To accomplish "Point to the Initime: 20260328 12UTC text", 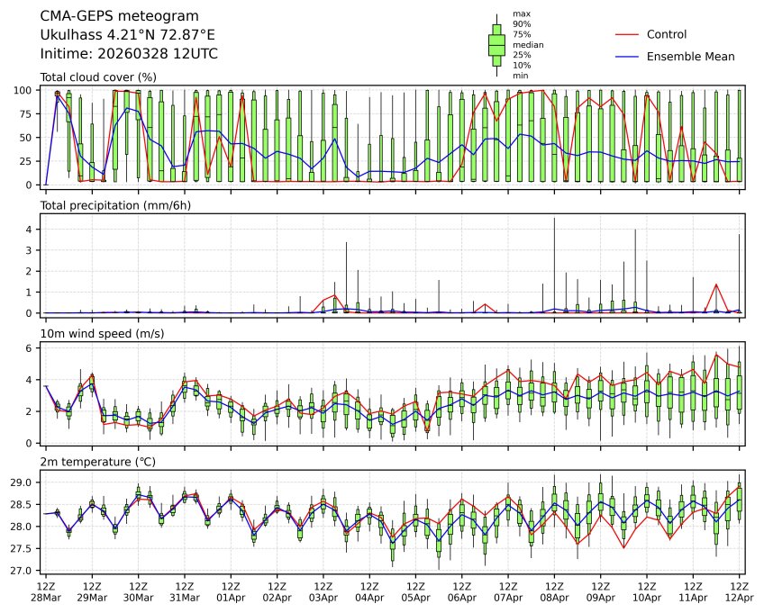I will pos(129,54).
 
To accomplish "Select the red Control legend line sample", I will pos(627,34).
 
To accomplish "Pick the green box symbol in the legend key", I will pos(496,44).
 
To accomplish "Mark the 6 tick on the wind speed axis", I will pos(31,348).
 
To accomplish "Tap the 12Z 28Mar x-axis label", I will pos(46,591).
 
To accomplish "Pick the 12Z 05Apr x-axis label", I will pos(416,591).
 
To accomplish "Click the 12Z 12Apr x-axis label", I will pos(740,591).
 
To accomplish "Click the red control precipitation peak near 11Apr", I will pos(716,284).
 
